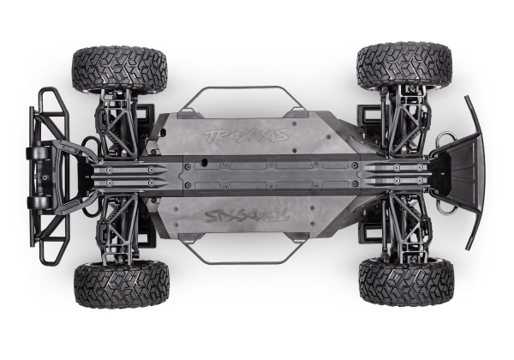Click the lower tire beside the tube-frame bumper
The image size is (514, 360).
pos(121,284)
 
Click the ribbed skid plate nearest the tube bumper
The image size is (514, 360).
pos(128,176)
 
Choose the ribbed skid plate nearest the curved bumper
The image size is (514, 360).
pos(398,175)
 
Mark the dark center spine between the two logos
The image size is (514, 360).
pos(257,175)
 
